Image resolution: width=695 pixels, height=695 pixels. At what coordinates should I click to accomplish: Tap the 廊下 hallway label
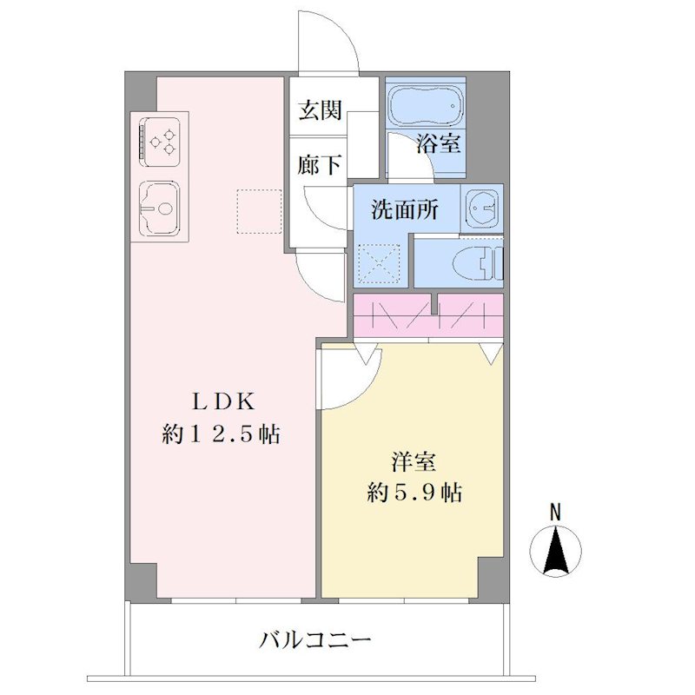tap(319, 165)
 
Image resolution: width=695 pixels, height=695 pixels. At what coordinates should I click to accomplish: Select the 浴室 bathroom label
tap(439, 142)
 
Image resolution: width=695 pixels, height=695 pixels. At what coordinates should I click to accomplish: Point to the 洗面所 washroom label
tap(405, 209)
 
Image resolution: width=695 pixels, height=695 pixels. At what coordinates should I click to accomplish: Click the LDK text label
tap(223, 401)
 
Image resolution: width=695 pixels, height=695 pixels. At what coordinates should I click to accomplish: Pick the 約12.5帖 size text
tap(221, 434)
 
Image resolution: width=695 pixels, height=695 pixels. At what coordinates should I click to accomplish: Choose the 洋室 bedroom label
tap(414, 462)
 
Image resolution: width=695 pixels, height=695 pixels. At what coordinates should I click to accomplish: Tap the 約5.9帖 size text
tap(414, 492)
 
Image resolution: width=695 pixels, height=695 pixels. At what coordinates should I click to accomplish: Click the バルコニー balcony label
tap(314, 639)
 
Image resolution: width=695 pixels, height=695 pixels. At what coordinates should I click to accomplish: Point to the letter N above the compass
tap(555, 512)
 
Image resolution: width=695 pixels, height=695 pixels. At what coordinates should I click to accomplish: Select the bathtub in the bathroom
tap(426, 105)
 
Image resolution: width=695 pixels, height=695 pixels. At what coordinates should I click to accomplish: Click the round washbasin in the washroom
tap(481, 207)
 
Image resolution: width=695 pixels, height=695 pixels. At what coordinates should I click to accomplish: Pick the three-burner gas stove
tap(160, 141)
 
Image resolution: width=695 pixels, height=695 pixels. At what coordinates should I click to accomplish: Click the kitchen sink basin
tap(160, 208)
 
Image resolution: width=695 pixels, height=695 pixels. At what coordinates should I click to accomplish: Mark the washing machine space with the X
tap(379, 264)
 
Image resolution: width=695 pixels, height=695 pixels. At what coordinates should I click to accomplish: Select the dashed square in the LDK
tap(259, 211)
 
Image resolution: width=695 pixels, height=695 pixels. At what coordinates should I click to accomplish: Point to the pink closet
tap(428, 314)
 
